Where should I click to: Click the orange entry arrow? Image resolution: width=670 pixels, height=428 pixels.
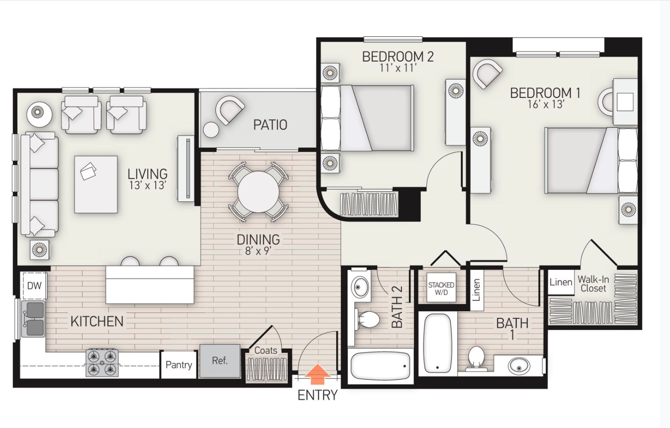(317, 374)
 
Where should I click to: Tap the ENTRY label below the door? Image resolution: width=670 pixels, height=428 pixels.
(317, 395)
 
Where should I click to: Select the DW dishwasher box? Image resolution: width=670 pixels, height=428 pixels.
(34, 286)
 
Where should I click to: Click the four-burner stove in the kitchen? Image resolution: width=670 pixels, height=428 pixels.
(102, 362)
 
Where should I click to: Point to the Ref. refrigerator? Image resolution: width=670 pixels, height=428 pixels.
(220, 361)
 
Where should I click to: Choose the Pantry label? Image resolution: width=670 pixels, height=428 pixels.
(179, 365)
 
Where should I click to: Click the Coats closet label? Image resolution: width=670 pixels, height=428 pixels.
(266, 351)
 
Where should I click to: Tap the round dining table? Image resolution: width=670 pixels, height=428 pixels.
(258, 192)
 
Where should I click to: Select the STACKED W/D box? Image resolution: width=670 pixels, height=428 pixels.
(441, 288)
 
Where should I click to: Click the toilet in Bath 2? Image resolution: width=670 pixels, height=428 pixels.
(368, 319)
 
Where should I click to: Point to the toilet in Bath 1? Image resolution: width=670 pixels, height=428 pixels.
(477, 358)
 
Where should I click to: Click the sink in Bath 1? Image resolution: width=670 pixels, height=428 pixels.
(519, 366)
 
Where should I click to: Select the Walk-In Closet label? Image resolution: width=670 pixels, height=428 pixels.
(593, 284)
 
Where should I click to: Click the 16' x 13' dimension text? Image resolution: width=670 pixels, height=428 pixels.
(545, 104)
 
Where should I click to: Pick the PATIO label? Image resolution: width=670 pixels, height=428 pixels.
(270, 125)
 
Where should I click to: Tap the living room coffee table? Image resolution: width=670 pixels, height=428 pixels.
(96, 184)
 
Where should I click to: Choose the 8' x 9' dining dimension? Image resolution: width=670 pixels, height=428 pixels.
(258, 251)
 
